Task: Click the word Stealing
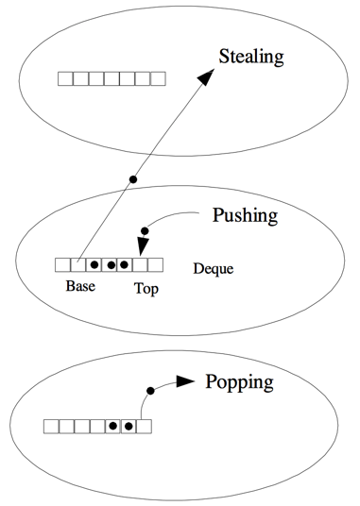tap(251, 58)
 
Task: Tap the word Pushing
tap(245, 216)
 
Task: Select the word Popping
tap(239, 383)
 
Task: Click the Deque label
tap(214, 268)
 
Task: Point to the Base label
tap(80, 286)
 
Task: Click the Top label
tap(146, 289)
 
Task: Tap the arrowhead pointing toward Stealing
tap(206, 76)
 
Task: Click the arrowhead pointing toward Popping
tap(185, 381)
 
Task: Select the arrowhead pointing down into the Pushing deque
tap(143, 246)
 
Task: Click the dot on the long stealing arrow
tap(132, 179)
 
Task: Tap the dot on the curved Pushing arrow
tap(145, 231)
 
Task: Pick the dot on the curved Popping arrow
tap(150, 391)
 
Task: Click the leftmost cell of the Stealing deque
tap(65, 78)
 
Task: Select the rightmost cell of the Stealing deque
tap(158, 78)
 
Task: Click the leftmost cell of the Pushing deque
tap(63, 265)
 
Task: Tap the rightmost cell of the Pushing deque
tap(155, 265)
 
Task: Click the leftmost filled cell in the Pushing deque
tap(94, 265)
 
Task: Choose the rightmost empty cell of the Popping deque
tap(144, 427)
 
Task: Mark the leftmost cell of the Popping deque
tap(52, 427)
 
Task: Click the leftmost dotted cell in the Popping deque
tap(113, 427)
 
